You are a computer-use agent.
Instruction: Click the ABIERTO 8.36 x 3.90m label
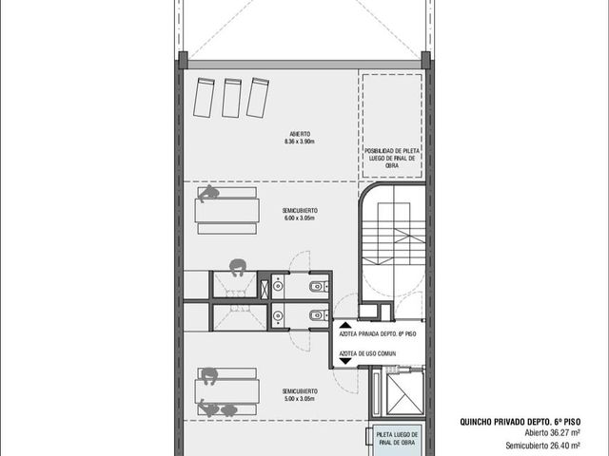tap(300, 138)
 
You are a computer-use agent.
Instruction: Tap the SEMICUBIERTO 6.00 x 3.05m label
tap(300, 214)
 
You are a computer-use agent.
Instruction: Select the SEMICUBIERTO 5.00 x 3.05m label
tap(300, 395)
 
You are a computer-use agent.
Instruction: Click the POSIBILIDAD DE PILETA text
tap(392, 150)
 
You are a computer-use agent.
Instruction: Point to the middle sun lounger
tap(232, 98)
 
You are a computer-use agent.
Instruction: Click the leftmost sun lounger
tap(204, 97)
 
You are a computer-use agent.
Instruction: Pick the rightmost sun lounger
tap(258, 97)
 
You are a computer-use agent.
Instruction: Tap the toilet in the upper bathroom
tap(320, 287)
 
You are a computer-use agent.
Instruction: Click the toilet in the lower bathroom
tap(320, 315)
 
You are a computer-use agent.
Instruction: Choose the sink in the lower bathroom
tap(278, 315)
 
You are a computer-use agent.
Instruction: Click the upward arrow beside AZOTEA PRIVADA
tap(345, 325)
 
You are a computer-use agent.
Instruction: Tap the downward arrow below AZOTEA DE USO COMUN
tap(345, 361)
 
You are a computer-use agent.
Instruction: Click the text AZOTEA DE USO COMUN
tap(368, 353)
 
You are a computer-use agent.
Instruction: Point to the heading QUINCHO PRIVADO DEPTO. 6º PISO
tap(521, 422)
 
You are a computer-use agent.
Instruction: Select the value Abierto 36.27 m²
tap(553, 433)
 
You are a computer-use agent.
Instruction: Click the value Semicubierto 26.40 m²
tap(543, 446)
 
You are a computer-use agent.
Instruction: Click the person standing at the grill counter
tap(238, 267)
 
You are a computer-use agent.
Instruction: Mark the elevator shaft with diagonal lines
tap(404, 393)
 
